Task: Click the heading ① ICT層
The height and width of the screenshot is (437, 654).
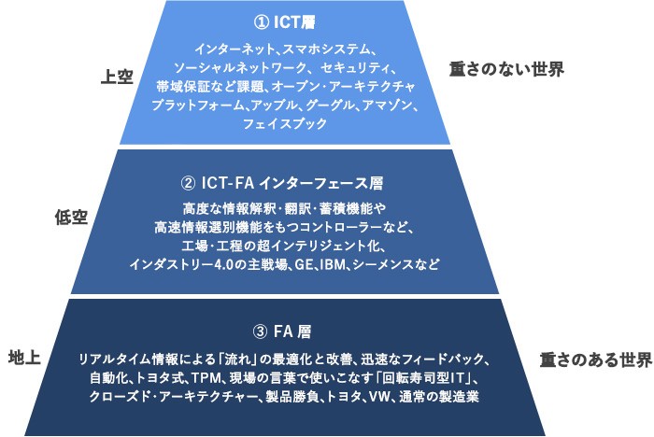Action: pos(284,22)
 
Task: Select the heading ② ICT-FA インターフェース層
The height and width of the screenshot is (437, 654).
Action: pos(282,183)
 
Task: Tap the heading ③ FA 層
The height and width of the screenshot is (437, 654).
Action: pos(282,331)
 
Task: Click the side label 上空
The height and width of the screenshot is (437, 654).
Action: pos(117,77)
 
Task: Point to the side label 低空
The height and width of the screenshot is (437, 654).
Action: pos(71,218)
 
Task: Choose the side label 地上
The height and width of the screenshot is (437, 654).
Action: pos(24,358)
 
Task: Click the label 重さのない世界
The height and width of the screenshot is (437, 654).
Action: pos(506,69)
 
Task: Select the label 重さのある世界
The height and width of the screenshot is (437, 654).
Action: pos(596,359)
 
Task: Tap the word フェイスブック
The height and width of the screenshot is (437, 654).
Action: pos(285,124)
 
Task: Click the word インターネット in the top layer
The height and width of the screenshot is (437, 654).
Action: pos(235,49)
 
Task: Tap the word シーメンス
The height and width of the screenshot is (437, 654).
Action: pos(381,264)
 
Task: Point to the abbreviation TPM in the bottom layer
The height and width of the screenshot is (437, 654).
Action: pos(205,378)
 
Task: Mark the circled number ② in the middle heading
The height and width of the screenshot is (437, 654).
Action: pos(188,183)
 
